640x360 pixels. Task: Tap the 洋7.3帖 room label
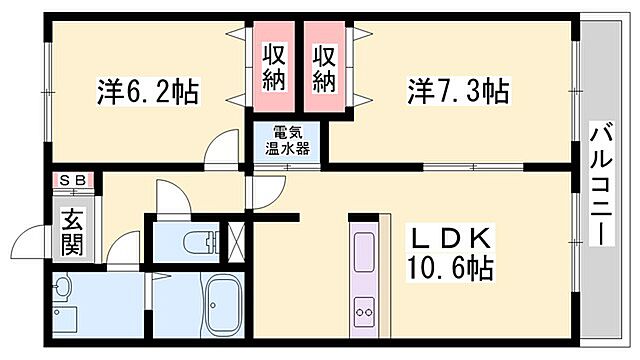click(458, 93)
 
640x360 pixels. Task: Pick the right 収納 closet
click(324, 67)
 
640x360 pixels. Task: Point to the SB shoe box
click(73, 180)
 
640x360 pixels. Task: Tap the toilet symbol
click(201, 241)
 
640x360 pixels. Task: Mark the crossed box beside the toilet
click(237, 241)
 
